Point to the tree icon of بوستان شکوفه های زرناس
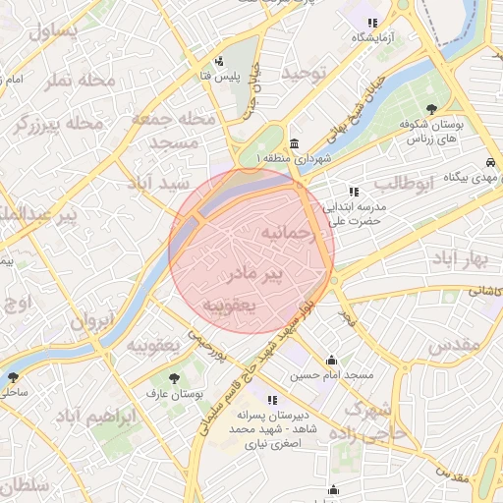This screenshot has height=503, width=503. pos(433,108)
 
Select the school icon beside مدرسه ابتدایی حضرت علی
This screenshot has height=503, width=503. pos(354,192)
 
